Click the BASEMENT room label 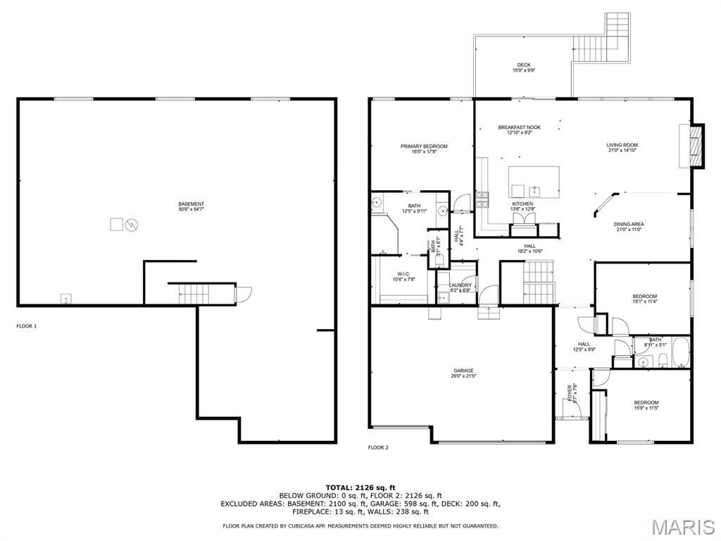click(192, 204)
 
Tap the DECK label click(524, 66)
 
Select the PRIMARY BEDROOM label click(424, 147)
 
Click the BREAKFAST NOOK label click(520, 128)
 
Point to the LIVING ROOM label click(622, 146)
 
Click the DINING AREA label click(629, 224)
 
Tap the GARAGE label click(463, 371)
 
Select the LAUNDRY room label click(461, 285)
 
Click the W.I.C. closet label click(403, 274)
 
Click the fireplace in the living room click(696, 146)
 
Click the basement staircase click(191, 294)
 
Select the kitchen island click(534, 182)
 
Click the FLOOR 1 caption click(26, 326)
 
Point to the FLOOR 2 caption click(378, 447)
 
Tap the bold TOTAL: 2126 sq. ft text click(360, 487)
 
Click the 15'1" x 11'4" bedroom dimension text click(644, 301)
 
